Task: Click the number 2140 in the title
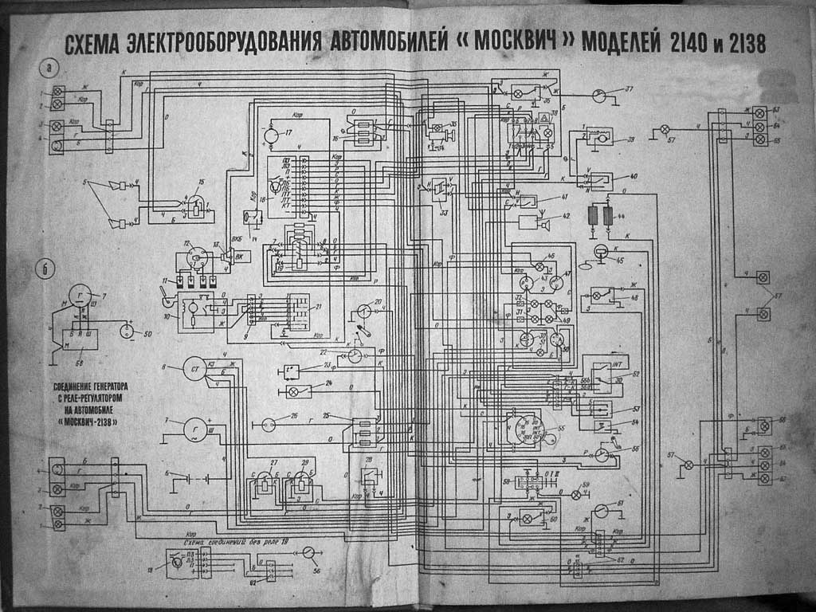click(x=683, y=43)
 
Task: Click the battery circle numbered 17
click(x=272, y=136)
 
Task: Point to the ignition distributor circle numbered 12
click(x=194, y=256)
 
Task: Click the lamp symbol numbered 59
click(x=576, y=495)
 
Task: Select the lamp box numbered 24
click(x=293, y=392)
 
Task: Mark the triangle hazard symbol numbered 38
click(x=544, y=118)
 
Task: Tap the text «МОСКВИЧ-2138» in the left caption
click(x=82, y=423)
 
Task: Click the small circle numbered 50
click(x=126, y=330)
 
